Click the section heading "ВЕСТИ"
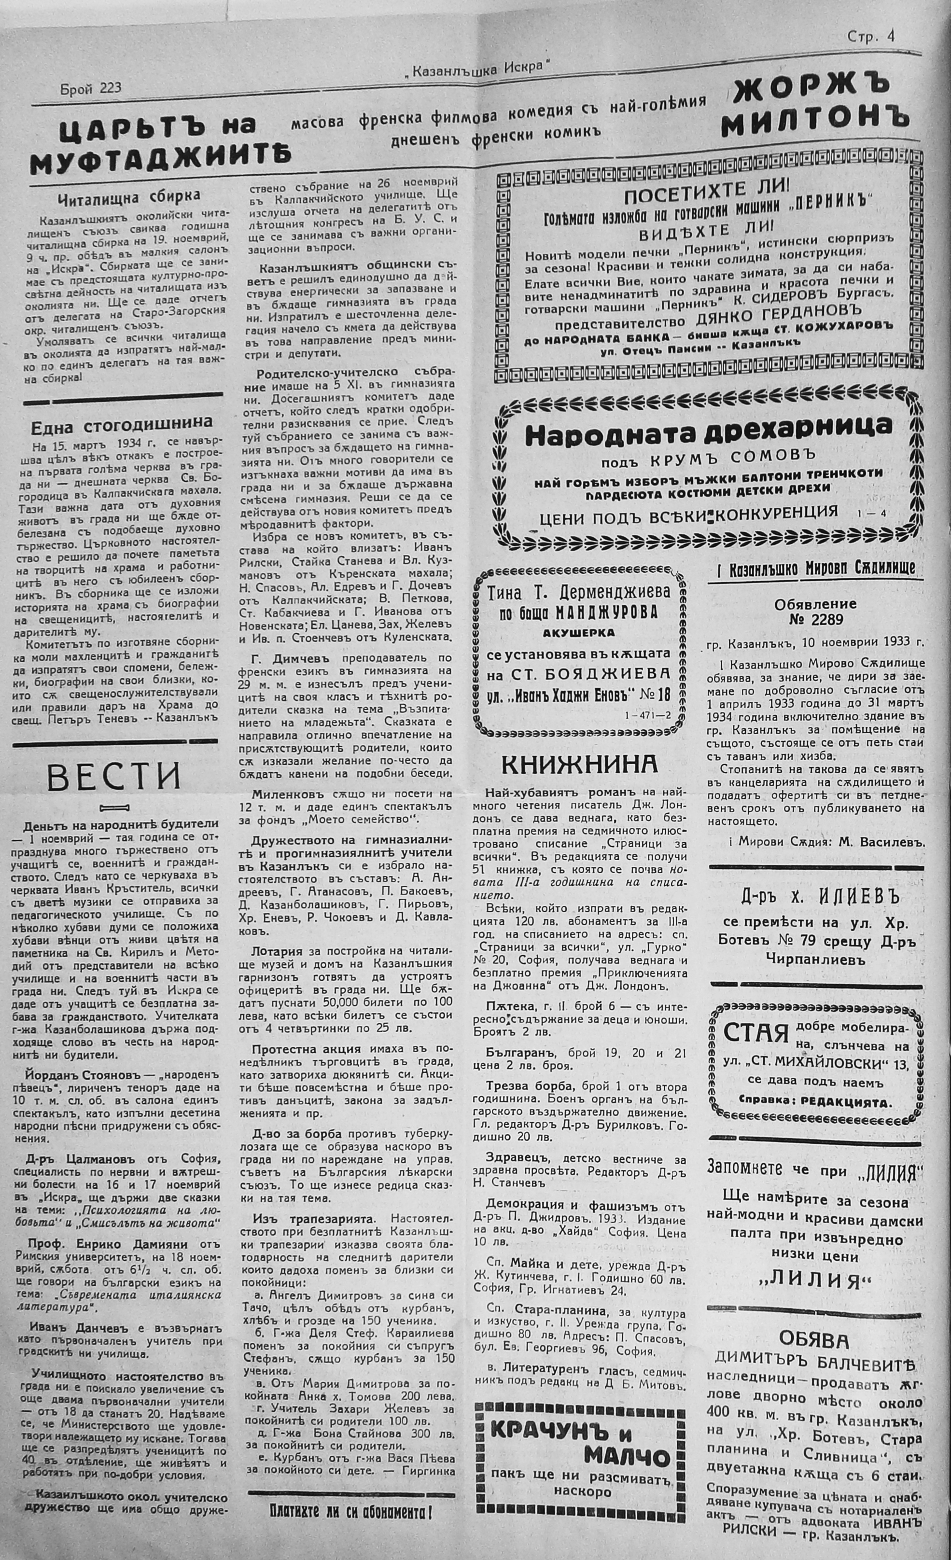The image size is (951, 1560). [114, 777]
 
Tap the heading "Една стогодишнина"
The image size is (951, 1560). [122, 423]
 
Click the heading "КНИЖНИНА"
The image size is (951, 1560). [579, 764]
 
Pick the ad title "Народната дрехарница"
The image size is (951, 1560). [709, 435]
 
